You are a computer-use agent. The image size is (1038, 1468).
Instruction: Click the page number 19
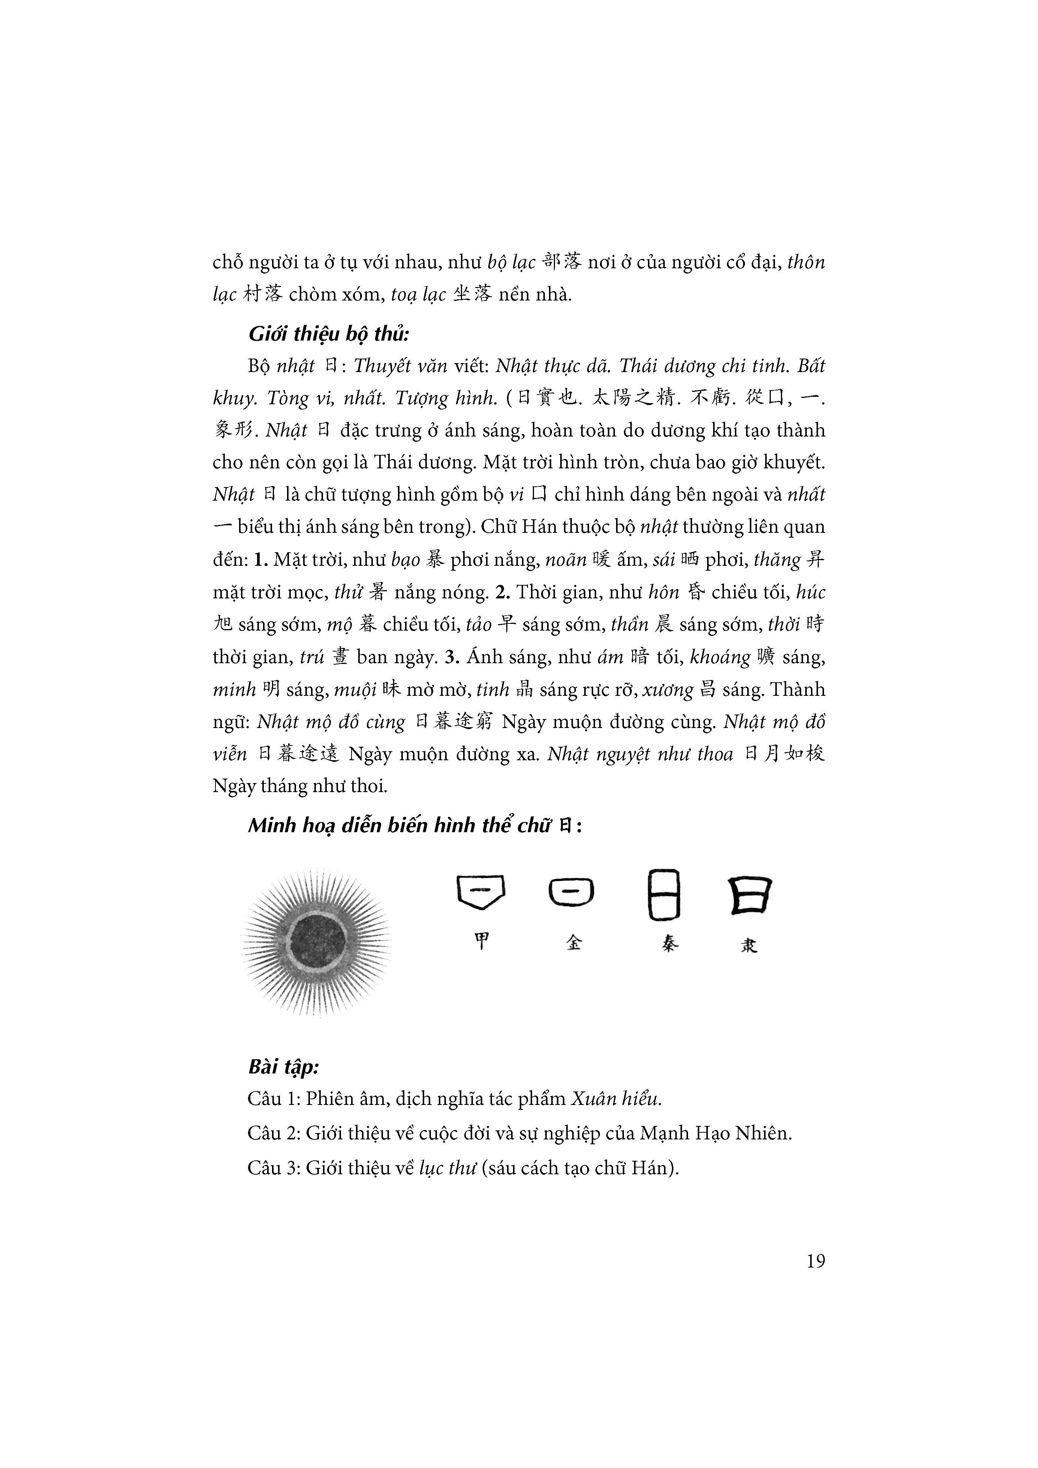(815, 1260)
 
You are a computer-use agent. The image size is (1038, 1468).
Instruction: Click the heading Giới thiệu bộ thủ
(329, 334)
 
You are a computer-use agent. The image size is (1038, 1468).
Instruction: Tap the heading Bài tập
(283, 1066)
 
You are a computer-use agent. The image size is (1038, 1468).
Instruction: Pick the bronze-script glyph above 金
(571, 892)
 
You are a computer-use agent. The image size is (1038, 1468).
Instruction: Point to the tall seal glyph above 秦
(664, 894)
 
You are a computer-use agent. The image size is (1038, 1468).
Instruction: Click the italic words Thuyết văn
(400, 366)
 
